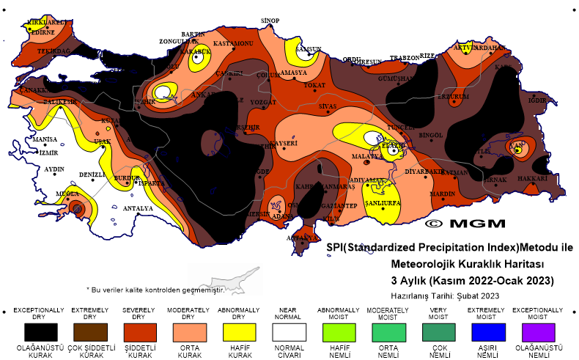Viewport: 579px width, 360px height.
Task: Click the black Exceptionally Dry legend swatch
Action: coord(39,331)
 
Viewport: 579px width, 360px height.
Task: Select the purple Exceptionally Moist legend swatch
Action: coord(539,331)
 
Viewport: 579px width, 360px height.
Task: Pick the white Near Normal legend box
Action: coord(289,331)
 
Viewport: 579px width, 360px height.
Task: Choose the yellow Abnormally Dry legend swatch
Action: coord(239,331)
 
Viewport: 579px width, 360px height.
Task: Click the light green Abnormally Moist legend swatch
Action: coord(339,331)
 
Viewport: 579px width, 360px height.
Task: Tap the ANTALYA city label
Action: coord(138,208)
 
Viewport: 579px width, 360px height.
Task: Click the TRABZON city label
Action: coord(404,57)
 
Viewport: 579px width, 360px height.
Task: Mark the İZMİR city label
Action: coord(48,153)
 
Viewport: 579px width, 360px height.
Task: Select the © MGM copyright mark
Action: coord(464,223)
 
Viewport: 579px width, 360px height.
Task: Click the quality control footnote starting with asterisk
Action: coord(155,290)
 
